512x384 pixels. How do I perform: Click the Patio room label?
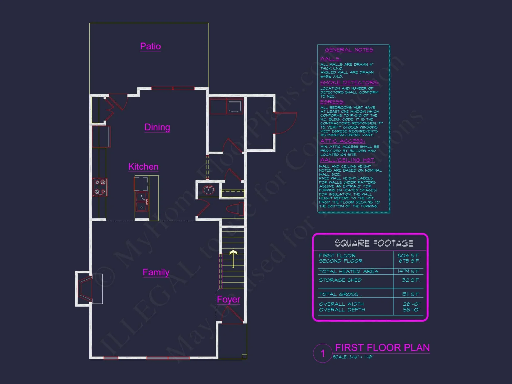(150, 46)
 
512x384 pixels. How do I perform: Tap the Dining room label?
(157, 127)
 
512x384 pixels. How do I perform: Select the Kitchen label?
(143, 167)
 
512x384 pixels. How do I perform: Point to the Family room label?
(156, 272)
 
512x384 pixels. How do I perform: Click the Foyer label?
(228, 299)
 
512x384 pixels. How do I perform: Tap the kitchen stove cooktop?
(100, 187)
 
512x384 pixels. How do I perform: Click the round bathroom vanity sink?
(208, 190)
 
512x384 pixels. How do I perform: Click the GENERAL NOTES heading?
(349, 50)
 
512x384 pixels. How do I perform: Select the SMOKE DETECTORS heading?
(349, 83)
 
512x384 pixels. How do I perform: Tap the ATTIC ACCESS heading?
(342, 141)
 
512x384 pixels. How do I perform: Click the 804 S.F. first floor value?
(409, 255)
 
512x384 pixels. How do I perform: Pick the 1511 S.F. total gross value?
(411, 294)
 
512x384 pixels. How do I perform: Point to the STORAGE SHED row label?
(340, 280)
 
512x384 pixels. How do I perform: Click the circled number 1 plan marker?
(323, 353)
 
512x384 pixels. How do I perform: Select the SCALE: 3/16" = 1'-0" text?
(353, 357)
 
